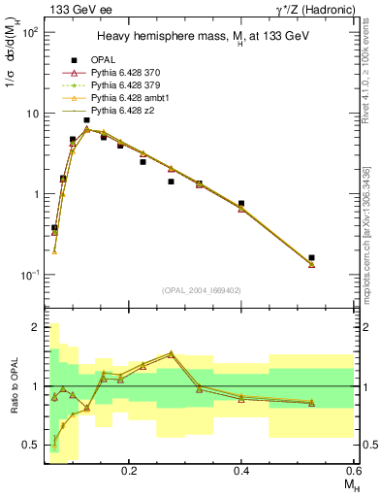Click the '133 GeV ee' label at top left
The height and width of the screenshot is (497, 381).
(78, 10)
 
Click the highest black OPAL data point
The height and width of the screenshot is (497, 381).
(87, 120)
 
